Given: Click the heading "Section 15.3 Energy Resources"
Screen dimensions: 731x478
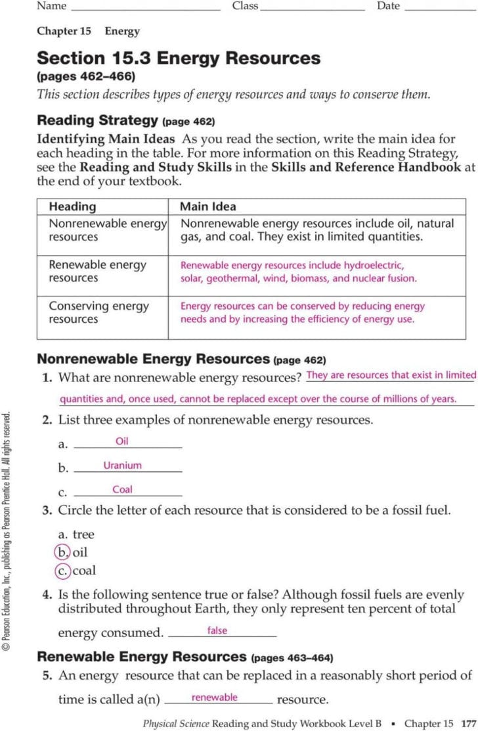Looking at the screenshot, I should click(179, 59).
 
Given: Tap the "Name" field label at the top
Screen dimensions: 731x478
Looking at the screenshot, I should click(52, 6).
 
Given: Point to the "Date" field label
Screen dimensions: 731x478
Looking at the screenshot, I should click(388, 6).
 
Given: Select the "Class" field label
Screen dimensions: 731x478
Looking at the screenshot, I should click(245, 6).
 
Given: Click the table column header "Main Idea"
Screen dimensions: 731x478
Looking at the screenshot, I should click(208, 206).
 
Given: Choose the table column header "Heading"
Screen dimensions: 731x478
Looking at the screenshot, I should click(72, 206).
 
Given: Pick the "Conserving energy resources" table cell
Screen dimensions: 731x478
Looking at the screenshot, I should click(99, 312).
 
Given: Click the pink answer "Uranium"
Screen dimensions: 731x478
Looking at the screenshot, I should click(122, 465).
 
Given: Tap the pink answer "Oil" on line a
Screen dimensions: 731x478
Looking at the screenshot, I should click(121, 441).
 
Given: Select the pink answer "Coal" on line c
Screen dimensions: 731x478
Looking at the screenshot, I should click(122, 490).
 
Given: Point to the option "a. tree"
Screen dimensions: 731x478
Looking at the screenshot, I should click(76, 534).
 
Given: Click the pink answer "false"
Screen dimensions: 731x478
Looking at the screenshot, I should click(217, 630).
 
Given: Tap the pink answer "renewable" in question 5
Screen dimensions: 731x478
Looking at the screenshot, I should click(214, 697).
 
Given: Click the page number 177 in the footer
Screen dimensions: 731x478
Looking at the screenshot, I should click(467, 723).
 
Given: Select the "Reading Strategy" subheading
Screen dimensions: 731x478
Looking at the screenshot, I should click(97, 120).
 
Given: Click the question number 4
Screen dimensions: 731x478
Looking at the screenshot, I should click(47, 594).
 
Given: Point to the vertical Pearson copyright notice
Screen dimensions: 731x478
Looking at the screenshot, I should click(7, 531).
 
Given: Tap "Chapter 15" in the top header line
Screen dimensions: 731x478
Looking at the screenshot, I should click(64, 31).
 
